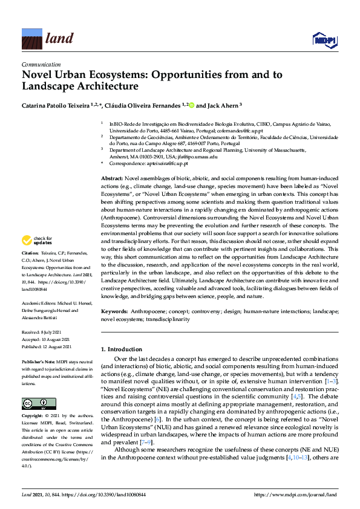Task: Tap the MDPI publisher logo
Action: [324, 40]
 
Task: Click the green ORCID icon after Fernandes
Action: [192, 105]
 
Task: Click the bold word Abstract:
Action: [111, 180]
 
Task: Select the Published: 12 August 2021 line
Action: [47, 346]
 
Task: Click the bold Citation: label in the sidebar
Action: [30, 269]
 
